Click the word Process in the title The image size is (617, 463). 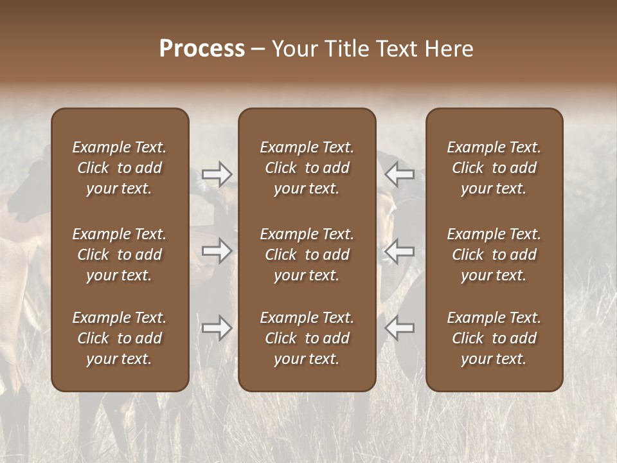click(202, 49)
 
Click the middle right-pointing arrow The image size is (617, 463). click(217, 251)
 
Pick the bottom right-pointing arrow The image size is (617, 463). click(217, 328)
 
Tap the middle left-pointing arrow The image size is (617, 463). click(400, 251)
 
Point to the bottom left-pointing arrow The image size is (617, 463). click(400, 328)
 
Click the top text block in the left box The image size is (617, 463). click(120, 168)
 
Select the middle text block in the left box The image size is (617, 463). click(120, 255)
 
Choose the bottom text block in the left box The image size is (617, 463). click(120, 338)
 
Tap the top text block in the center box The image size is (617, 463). click(307, 168)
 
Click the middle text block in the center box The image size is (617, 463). click(307, 255)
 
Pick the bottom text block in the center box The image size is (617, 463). click(307, 338)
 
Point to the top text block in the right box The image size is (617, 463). click(494, 168)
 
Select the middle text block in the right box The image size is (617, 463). click(494, 255)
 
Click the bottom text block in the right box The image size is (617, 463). click(494, 338)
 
